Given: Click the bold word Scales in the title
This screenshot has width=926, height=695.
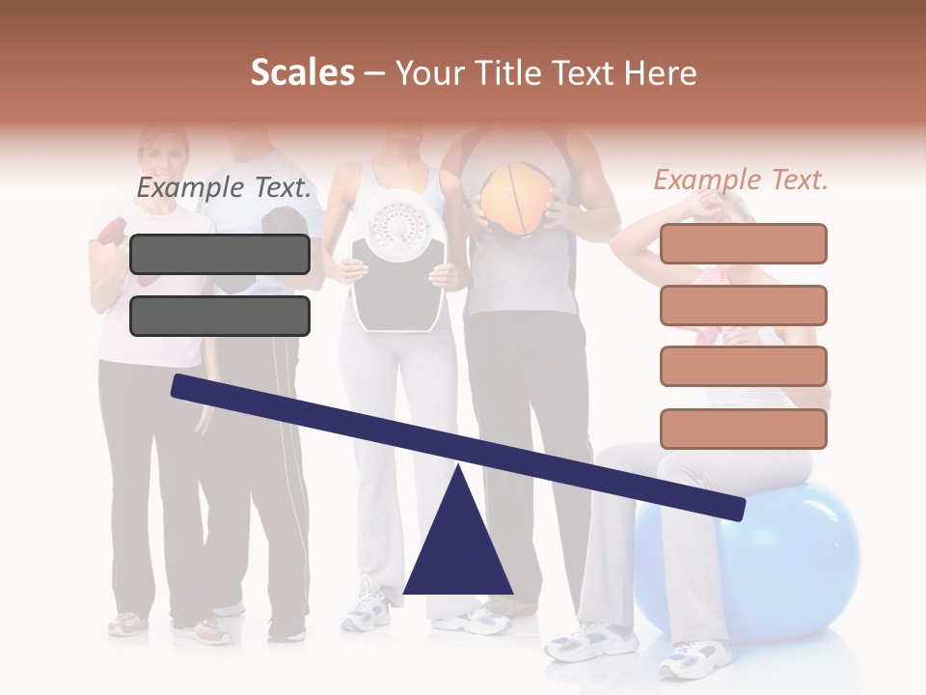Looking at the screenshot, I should tap(302, 72).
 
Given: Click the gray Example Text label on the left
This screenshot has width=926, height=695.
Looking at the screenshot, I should tap(224, 188).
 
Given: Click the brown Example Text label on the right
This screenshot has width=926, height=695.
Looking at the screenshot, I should tap(741, 180).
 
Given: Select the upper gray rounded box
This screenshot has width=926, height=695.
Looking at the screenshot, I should tap(220, 254).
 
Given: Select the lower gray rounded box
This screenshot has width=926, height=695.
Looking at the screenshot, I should tap(220, 316).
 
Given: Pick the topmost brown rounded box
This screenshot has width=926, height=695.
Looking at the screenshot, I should tap(743, 243).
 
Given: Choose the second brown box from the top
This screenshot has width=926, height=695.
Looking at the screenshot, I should tap(743, 305).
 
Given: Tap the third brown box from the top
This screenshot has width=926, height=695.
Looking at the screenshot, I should tap(743, 367).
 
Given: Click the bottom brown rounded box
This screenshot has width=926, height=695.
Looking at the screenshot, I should tap(743, 429).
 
